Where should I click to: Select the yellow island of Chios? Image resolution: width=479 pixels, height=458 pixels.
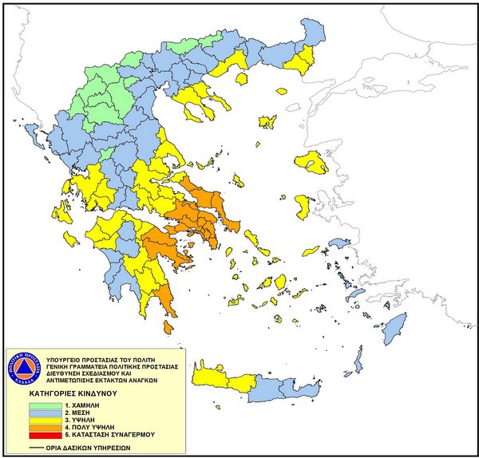click(303, 207)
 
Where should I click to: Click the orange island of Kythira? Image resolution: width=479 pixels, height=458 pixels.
click(168, 327)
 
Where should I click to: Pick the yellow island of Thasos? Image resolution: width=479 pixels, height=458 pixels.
click(267, 121)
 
